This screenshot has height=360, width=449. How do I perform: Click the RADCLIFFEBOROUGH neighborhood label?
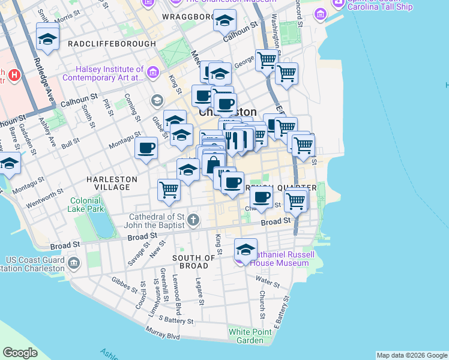(x=112, y=44)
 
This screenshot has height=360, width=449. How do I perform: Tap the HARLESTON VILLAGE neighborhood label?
(x=112, y=183)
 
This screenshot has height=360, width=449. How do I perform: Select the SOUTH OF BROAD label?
(x=194, y=262)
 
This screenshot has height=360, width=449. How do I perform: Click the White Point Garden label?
(x=246, y=336)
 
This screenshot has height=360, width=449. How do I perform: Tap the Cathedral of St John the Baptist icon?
(x=193, y=220)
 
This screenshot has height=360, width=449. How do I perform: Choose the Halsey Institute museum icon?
(x=152, y=73)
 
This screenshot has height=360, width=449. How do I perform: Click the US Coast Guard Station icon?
(x=73, y=263)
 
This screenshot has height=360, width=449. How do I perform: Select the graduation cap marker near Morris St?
(x=47, y=40)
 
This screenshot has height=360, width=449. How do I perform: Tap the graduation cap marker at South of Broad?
(x=246, y=249)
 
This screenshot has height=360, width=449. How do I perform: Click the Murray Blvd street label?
(x=162, y=332)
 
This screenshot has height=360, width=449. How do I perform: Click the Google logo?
(x=20, y=353)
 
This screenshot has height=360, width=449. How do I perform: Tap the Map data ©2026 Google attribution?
(x=411, y=355)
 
